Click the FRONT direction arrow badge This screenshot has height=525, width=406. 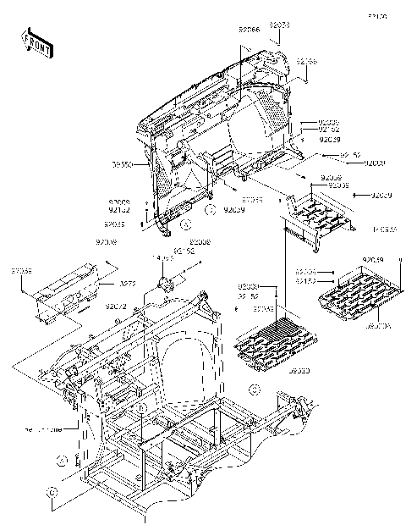(37, 43)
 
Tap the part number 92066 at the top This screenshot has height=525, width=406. (250, 30)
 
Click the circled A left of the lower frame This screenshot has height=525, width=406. (61, 459)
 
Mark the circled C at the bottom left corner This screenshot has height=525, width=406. (52, 491)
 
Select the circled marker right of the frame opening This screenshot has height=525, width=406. (253, 389)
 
